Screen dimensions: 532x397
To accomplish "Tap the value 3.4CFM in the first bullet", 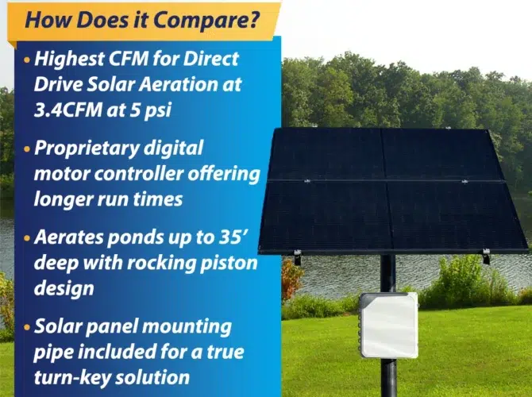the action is click(x=67, y=110).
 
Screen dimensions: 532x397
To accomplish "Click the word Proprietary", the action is click(x=87, y=148).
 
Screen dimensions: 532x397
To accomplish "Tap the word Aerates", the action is click(x=68, y=237).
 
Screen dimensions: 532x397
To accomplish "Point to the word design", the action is click(x=64, y=289).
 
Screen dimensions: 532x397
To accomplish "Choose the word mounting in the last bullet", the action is click(x=187, y=327).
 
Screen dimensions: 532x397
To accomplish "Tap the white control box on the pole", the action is click(x=389, y=325).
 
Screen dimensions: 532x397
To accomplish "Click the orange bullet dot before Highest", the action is click(x=27, y=60).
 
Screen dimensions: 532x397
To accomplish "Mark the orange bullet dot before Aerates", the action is click(x=27, y=238).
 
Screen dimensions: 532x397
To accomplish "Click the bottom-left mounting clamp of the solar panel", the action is click(x=297, y=256).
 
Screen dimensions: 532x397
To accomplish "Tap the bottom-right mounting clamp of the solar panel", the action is click(x=486, y=256).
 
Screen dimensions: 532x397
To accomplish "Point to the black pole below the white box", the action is click(x=388, y=377).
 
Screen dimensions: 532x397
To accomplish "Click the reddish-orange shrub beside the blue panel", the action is click(x=291, y=279).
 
